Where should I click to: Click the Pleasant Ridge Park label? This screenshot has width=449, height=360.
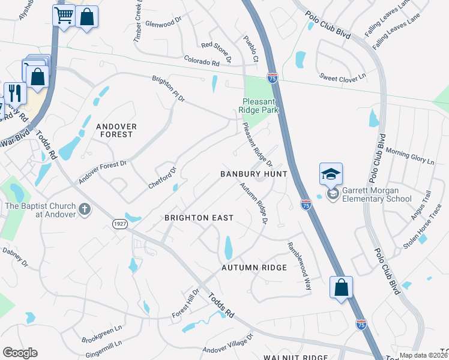(x=261, y=106)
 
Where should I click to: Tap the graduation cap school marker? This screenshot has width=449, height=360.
(x=331, y=174)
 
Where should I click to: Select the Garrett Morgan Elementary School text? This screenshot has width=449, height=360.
(x=377, y=194)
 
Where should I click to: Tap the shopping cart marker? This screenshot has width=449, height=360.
(x=64, y=16)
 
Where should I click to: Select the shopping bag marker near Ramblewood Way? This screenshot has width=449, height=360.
(x=341, y=287)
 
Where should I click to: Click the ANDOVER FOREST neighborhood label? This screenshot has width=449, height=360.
(x=116, y=130)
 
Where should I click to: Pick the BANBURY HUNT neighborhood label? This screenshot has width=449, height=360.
(x=254, y=174)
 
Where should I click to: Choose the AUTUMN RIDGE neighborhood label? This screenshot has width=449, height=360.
(x=254, y=267)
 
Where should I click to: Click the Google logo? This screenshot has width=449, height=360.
(x=20, y=352)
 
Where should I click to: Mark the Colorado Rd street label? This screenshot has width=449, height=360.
(x=202, y=62)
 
